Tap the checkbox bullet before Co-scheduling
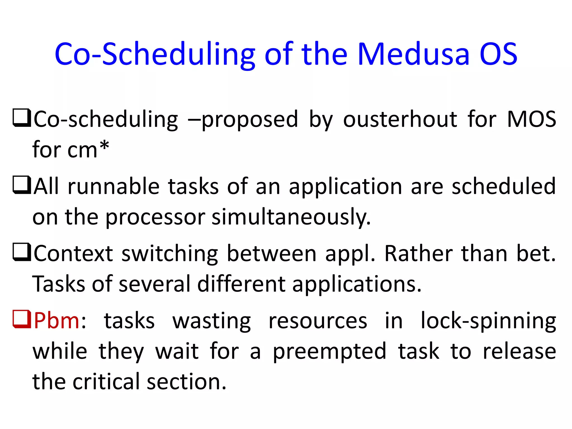coord(22,118)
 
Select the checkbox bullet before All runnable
coord(22,185)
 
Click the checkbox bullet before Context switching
coord(22,252)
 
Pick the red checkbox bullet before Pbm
coord(22,319)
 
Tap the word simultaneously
coord(291,217)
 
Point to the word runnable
coord(113,187)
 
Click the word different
coord(241,284)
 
